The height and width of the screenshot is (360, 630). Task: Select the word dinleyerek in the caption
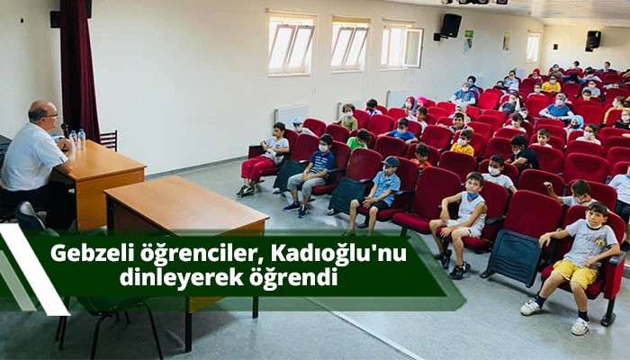pyautogui.click(x=181, y=277)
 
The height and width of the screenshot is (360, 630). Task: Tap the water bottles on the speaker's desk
pyautogui.click(x=77, y=139)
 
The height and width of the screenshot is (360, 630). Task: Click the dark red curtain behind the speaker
pyautogui.click(x=79, y=68)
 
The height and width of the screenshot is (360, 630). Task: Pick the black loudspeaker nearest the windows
pyautogui.click(x=450, y=26)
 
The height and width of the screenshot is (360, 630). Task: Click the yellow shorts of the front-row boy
pyautogui.click(x=574, y=273)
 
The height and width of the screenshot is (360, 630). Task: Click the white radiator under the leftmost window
pyautogui.click(x=292, y=113)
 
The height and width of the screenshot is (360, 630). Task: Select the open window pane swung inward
pyautogui.click(x=413, y=48)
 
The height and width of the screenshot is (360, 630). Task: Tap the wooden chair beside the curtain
pyautogui.click(x=109, y=139)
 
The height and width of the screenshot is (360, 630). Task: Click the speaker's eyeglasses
pyautogui.click(x=50, y=116)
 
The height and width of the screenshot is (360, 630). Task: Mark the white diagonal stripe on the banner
pyautogui.click(x=33, y=270)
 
